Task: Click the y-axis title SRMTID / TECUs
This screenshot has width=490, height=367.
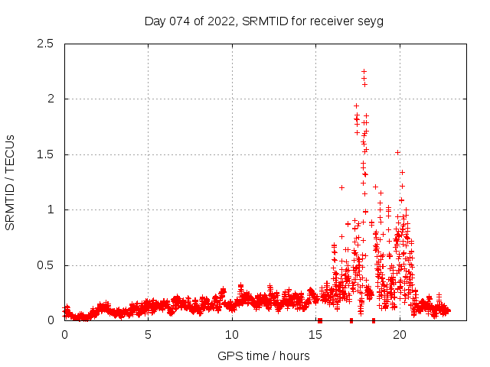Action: [x=11, y=182]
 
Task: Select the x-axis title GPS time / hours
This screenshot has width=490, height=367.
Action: [x=263, y=356]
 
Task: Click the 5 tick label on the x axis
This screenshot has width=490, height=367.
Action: [x=149, y=335]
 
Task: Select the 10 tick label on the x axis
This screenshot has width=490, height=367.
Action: [x=232, y=335]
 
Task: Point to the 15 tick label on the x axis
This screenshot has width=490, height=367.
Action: [x=316, y=335]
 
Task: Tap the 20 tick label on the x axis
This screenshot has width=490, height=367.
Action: [x=400, y=335]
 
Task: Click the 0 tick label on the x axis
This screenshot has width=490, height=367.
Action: [x=64, y=335]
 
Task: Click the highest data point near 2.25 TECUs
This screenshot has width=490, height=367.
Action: [x=364, y=71]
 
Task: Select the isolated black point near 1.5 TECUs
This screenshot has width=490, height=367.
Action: [x=397, y=152]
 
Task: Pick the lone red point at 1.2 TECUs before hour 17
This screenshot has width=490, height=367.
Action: [x=341, y=187]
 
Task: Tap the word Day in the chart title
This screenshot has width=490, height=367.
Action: [x=155, y=21]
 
